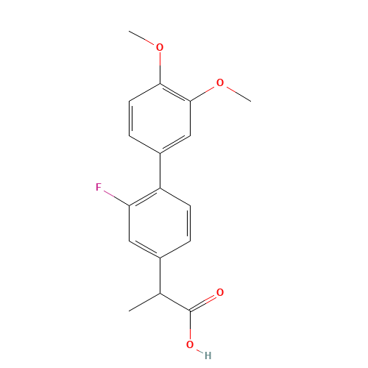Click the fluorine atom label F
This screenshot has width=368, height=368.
coord(99,188)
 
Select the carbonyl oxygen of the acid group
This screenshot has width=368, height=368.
coord(220,293)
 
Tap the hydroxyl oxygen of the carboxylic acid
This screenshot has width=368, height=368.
coord(190,344)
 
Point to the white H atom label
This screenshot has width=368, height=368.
coord(208,355)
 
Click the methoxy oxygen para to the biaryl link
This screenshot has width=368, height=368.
coord(160,48)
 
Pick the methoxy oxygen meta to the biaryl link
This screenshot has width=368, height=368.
coord(220,83)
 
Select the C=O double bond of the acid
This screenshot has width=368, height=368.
coord(204,302)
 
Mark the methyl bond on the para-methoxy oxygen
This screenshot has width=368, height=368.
coord(144,39)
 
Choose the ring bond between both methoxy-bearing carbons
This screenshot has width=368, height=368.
coord(175,92)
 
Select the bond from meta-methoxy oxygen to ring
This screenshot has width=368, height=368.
coord(205,91)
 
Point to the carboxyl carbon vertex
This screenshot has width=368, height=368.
coord(190,311)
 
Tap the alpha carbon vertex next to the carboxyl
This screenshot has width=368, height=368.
coord(160,294)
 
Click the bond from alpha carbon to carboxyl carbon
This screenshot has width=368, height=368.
coord(175,302)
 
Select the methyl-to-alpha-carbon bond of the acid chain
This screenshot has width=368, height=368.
coord(144,302)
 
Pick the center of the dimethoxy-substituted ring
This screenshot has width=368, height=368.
coord(160,118)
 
